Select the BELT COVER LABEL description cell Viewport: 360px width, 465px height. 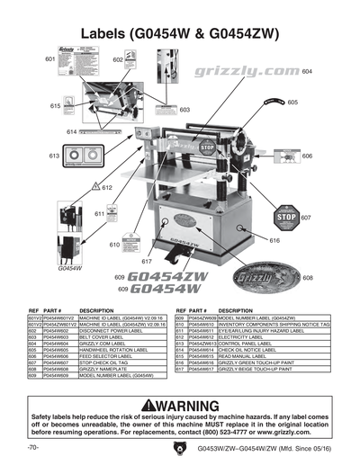(x=105, y=337)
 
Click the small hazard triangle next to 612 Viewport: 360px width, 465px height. (x=94, y=186)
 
